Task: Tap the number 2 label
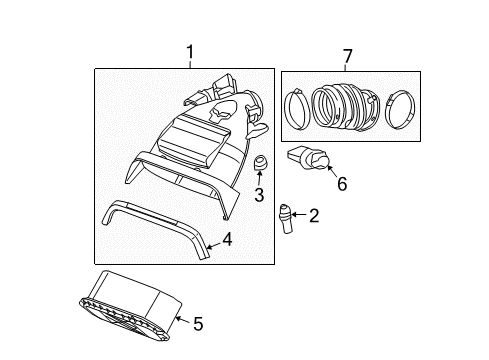pos(313,214)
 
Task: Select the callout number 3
pos(258,195)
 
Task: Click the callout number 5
pos(198,323)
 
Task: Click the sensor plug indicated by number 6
pos(311,159)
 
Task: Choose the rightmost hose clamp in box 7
pos(396,108)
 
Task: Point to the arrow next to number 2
pos(299,214)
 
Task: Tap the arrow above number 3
pos(258,180)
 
